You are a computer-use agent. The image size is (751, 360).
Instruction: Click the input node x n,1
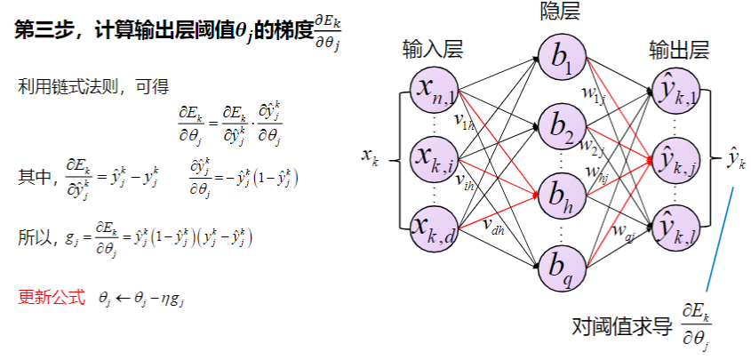(434, 89)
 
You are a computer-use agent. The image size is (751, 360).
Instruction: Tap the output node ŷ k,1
(679, 89)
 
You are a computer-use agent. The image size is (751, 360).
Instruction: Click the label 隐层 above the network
(562, 12)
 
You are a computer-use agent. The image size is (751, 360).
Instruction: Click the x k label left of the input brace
(371, 157)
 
